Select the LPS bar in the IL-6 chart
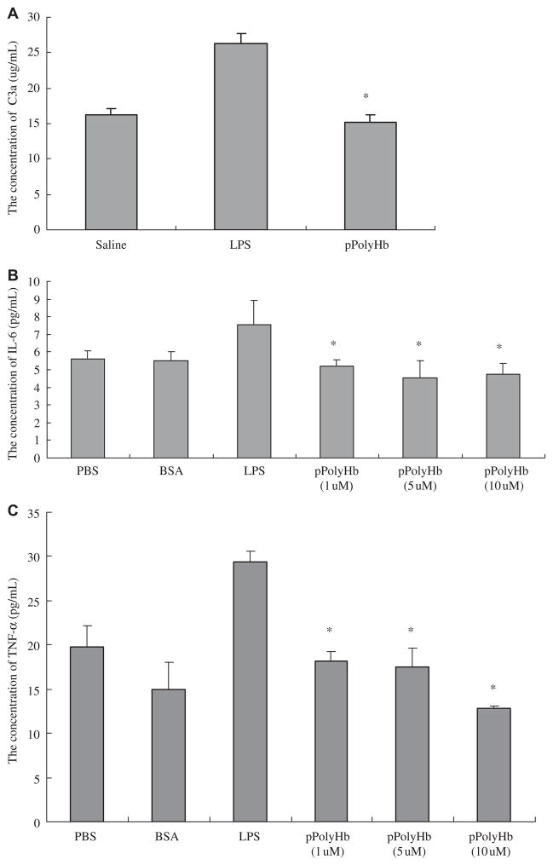pos(254,391)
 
